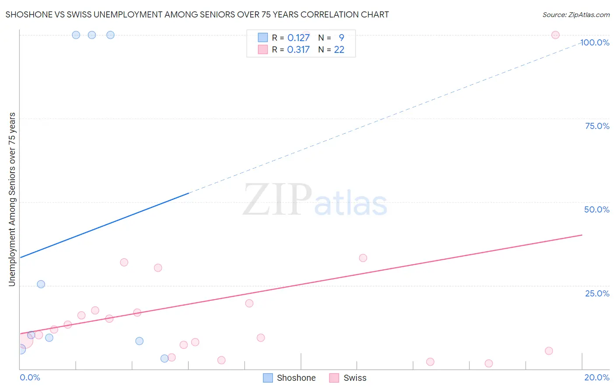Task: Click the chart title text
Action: [x=197, y=14]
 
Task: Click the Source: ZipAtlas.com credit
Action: [x=576, y=14]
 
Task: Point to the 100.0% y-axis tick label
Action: [x=595, y=42]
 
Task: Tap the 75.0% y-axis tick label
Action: [x=597, y=126]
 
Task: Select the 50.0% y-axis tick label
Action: [x=597, y=209]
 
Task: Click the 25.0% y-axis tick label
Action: [x=597, y=293]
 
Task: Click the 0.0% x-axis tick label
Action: [x=30, y=377]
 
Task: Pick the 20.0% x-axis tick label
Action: [x=597, y=377]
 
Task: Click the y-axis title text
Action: [x=12, y=199]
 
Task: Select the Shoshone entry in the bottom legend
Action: [x=290, y=378]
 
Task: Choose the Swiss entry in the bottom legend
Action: [x=348, y=378]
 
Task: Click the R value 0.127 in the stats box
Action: [x=298, y=38]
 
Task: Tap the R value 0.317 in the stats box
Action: [x=298, y=49]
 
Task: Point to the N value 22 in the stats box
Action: [x=339, y=49]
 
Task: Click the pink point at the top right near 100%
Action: [x=555, y=35]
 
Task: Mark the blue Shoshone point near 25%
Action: [x=41, y=284]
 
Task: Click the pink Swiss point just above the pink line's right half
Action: [x=363, y=258]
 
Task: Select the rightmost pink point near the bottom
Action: [x=549, y=351]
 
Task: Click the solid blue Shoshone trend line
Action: [x=105, y=225]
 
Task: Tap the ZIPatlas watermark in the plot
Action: [x=315, y=200]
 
